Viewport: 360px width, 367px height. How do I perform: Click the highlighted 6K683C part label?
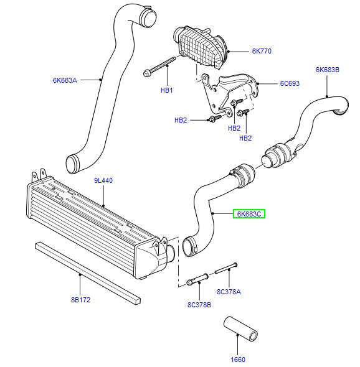click(x=250, y=214)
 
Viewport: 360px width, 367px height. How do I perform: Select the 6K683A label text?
click(x=64, y=80)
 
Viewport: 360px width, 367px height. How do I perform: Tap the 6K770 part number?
click(x=245, y=50)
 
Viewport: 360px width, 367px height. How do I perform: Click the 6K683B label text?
click(x=327, y=70)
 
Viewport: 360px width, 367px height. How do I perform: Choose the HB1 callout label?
click(x=166, y=90)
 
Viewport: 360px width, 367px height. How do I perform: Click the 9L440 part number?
click(x=103, y=181)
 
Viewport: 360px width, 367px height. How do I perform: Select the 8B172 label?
click(x=80, y=300)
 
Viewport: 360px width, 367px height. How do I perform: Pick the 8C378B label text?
click(x=199, y=305)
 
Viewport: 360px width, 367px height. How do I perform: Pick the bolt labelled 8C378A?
click(x=227, y=269)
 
